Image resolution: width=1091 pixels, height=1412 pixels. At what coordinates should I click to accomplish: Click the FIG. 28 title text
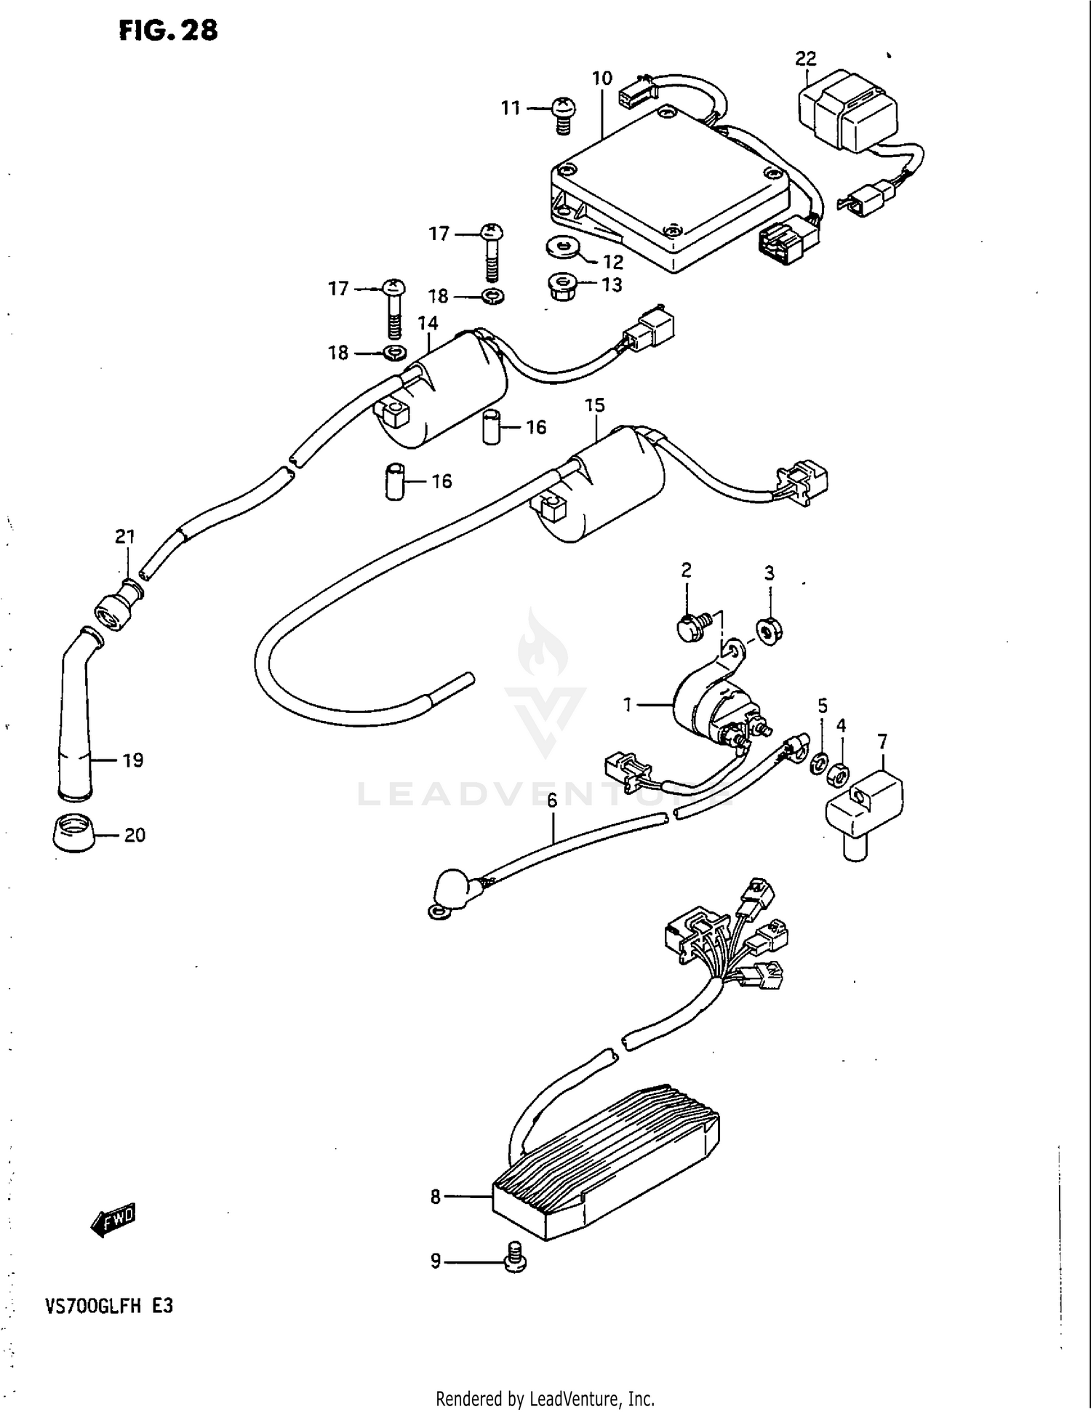(x=168, y=31)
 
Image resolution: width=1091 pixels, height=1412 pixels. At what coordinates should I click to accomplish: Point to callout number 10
(x=602, y=78)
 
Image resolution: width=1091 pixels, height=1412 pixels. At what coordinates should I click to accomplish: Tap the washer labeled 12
(x=562, y=248)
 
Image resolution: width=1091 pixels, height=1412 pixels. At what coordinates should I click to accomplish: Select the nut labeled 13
(x=561, y=285)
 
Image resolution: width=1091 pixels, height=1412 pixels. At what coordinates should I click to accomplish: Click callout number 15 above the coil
(x=594, y=405)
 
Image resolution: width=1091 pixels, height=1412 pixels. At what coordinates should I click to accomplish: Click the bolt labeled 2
(x=691, y=626)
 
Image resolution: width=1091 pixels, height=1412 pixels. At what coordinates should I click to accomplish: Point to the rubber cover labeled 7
(x=866, y=807)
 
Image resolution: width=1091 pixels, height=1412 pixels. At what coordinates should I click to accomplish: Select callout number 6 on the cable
(x=552, y=800)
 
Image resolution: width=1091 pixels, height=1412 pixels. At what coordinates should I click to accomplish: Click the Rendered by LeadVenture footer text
(x=545, y=1398)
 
